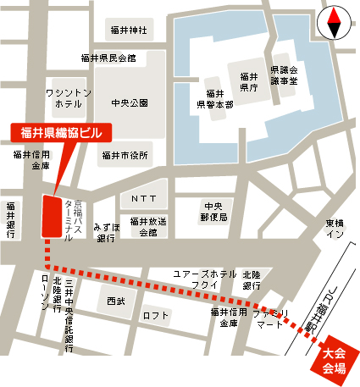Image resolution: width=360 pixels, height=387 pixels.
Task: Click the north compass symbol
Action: [x=333, y=22]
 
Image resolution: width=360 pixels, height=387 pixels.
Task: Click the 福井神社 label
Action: [x=128, y=30]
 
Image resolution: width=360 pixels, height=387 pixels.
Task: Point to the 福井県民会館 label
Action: [x=108, y=58]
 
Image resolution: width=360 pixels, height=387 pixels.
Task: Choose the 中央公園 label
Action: [x=129, y=102]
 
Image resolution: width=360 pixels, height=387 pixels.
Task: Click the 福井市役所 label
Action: [x=125, y=155]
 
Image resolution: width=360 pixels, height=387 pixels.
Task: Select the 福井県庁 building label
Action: [x=247, y=80]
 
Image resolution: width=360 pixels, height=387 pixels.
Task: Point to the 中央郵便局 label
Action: [x=212, y=212]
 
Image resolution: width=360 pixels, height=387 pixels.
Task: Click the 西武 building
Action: [x=115, y=301]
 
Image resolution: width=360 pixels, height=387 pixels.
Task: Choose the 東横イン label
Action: [x=335, y=229]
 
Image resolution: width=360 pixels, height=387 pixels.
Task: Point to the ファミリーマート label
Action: [x=270, y=318]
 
